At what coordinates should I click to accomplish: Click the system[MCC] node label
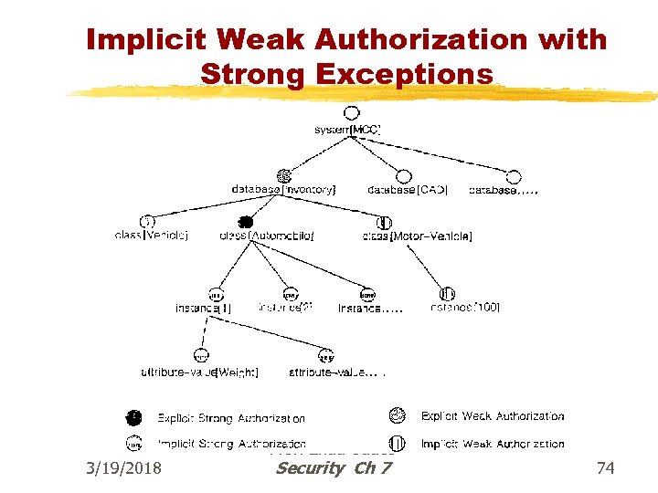(346, 131)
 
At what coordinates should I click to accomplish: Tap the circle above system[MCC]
(351, 114)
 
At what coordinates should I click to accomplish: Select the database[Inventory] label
(283, 190)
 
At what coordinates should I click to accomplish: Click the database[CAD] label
(408, 190)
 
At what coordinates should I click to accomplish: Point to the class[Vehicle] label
(152, 236)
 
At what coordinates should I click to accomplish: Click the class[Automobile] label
(267, 236)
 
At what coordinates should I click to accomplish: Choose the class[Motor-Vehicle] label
(417, 236)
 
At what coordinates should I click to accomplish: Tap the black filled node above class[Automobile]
(244, 222)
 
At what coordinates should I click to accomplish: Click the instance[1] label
(203, 309)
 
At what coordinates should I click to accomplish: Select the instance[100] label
(464, 309)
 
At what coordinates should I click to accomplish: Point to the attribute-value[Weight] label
(199, 372)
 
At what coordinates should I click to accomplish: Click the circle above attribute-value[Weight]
(201, 356)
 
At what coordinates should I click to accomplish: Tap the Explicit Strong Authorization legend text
(231, 419)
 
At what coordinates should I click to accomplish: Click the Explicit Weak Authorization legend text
(493, 416)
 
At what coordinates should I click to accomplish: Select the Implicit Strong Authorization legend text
(231, 445)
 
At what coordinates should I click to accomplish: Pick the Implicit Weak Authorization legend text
(493, 445)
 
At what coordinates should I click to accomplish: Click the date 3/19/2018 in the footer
(122, 468)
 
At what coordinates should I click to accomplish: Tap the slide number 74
(605, 468)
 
